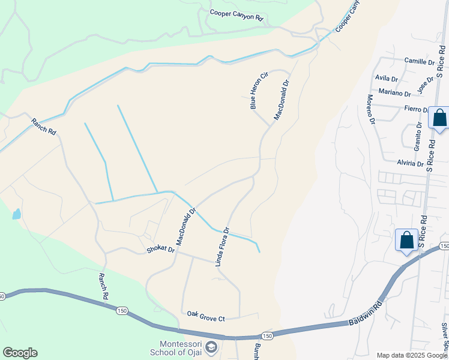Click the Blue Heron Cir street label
(x=257, y=90)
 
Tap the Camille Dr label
(x=420, y=62)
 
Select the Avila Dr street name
(x=386, y=79)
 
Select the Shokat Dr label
(x=161, y=250)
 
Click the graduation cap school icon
(x=211, y=347)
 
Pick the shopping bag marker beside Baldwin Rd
(x=406, y=240)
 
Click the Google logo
(x=20, y=353)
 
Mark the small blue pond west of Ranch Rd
(x=16, y=214)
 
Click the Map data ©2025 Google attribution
(x=412, y=355)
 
